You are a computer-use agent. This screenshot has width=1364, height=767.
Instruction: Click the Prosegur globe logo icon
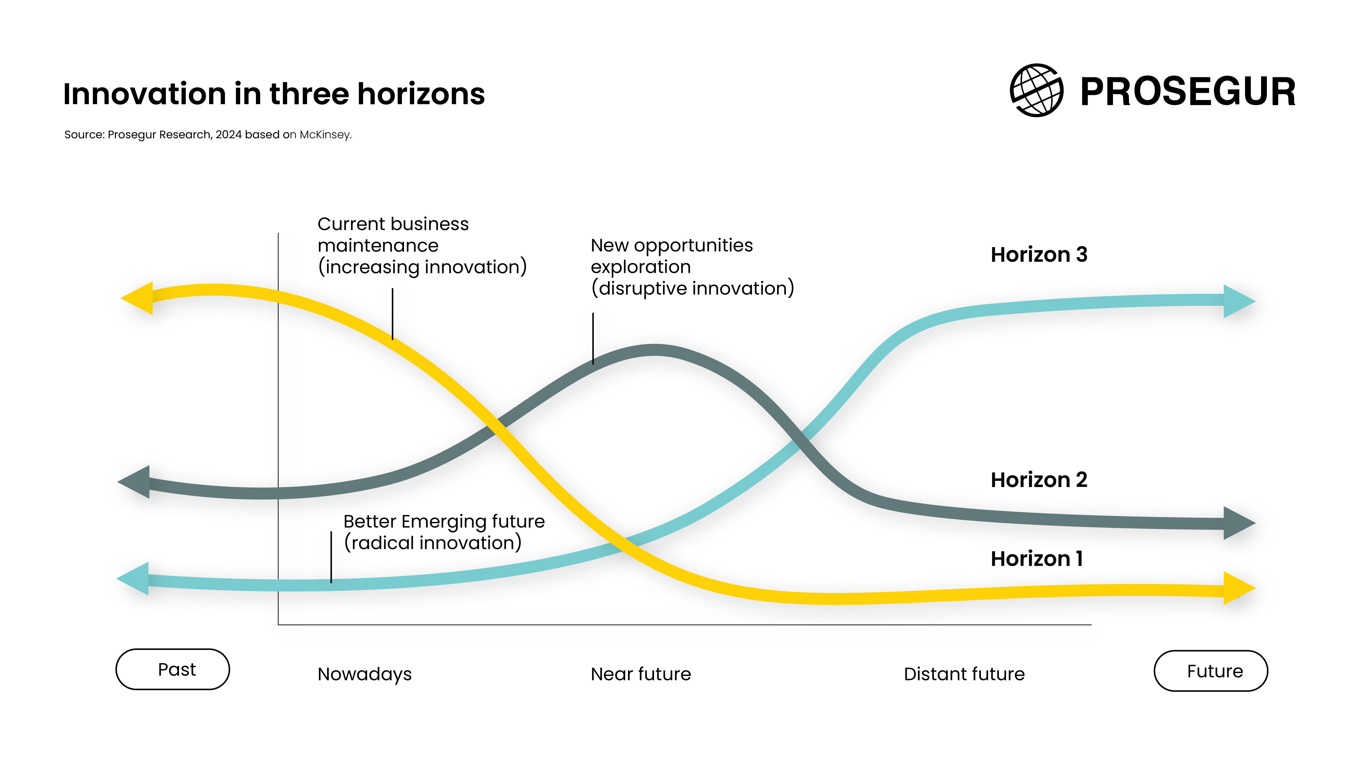pyautogui.click(x=1036, y=91)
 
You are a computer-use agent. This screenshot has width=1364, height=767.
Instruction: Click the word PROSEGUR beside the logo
pyautogui.click(x=1188, y=92)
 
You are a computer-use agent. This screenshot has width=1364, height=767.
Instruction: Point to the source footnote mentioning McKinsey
pyautogui.click(x=208, y=134)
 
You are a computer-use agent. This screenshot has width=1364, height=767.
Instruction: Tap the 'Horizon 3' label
pyautogui.click(x=1039, y=255)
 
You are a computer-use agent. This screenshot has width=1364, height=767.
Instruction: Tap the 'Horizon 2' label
pyautogui.click(x=1039, y=480)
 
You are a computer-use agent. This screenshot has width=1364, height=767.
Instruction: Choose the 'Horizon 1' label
pyautogui.click(x=1037, y=559)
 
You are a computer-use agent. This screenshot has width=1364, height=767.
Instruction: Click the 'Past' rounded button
pyautogui.click(x=173, y=669)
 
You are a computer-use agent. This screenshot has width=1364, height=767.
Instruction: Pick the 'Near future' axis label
pyautogui.click(x=641, y=674)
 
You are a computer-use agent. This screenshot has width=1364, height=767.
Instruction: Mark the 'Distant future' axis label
pyautogui.click(x=964, y=674)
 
